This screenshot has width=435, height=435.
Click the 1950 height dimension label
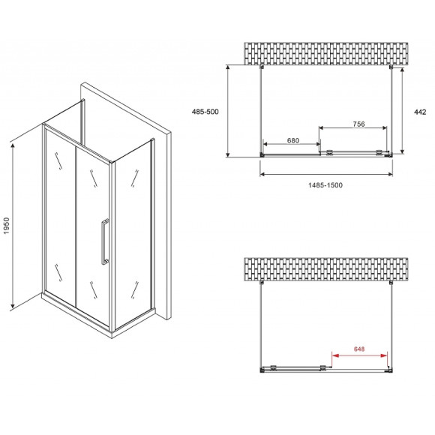[x=7, y=226]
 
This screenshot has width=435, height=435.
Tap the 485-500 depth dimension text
[x=205, y=112]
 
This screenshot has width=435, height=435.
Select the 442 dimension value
[x=420, y=112]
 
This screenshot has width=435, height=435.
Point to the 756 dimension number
[x=358, y=124]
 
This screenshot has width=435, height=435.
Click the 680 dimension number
[x=293, y=140]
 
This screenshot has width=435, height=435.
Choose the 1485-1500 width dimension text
[x=325, y=185]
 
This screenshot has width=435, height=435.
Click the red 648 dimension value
[x=359, y=349]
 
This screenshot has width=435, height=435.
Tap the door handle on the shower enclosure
[x=104, y=241]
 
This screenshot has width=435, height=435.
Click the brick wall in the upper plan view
[x=326, y=53]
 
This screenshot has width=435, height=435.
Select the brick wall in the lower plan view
[x=326, y=269]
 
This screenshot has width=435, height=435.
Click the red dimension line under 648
[x=359, y=355]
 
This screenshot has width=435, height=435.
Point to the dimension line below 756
[x=353, y=128]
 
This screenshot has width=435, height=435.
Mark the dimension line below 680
[x=292, y=144]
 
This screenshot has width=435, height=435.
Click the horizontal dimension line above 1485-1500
[x=326, y=174]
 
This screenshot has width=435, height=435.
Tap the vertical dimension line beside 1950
[x=13, y=226]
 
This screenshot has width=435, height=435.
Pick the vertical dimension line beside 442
[x=402, y=110]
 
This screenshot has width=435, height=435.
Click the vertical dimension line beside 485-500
[x=228, y=111]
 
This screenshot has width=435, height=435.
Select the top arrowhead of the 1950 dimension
[x=13, y=145]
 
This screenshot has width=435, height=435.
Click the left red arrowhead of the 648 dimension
[x=334, y=355]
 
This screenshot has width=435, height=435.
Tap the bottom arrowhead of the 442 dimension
[x=402, y=151]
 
